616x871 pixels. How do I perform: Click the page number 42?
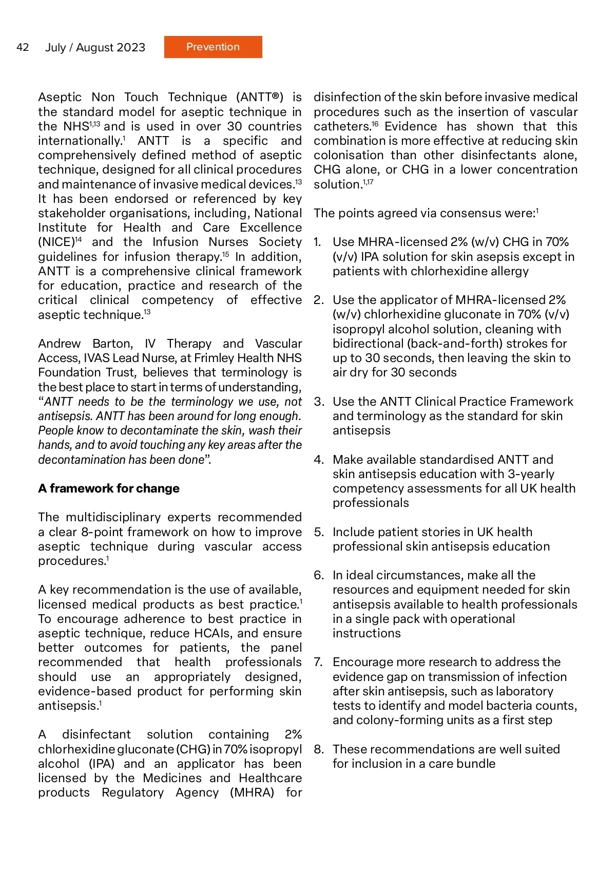tap(23, 47)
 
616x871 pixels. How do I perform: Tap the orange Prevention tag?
tap(213, 47)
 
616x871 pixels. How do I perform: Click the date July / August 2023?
tap(95, 48)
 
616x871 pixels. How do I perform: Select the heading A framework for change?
tap(109, 488)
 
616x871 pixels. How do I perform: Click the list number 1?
tap(317, 242)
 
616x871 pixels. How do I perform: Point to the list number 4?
tap(318, 460)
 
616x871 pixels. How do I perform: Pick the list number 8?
tap(318, 749)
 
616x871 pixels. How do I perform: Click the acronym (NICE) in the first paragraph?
tap(56, 242)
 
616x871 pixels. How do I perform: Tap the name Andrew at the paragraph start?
tap(59, 344)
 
